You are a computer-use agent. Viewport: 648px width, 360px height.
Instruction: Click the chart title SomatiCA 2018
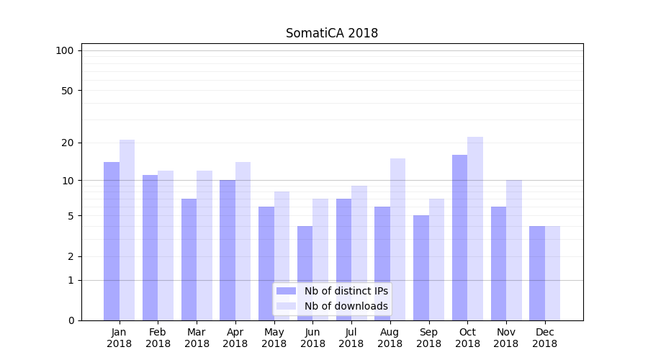331,33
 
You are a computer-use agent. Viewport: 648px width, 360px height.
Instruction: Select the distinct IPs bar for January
112,241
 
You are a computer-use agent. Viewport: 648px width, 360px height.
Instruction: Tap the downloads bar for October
475,228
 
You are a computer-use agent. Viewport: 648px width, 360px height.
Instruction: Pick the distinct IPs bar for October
459,238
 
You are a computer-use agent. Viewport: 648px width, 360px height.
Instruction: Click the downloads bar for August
397,239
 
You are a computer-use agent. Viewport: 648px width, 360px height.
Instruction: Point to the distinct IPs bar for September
421,268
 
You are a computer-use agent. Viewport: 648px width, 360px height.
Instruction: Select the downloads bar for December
552,273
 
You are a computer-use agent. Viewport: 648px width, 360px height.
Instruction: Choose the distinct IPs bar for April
228,250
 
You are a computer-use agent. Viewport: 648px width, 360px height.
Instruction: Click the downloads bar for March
204,246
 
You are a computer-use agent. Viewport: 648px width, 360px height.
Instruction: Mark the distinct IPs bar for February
150,248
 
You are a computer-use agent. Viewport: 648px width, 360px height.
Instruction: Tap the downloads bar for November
514,250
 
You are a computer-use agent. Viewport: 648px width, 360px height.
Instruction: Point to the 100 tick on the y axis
65,50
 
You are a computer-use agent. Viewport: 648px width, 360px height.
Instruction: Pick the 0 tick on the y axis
71,320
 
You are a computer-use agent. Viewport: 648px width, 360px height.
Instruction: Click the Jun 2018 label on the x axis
312,338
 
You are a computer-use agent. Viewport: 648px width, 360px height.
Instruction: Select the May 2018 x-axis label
274,338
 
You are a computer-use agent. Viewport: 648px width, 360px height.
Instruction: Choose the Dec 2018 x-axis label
544,338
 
